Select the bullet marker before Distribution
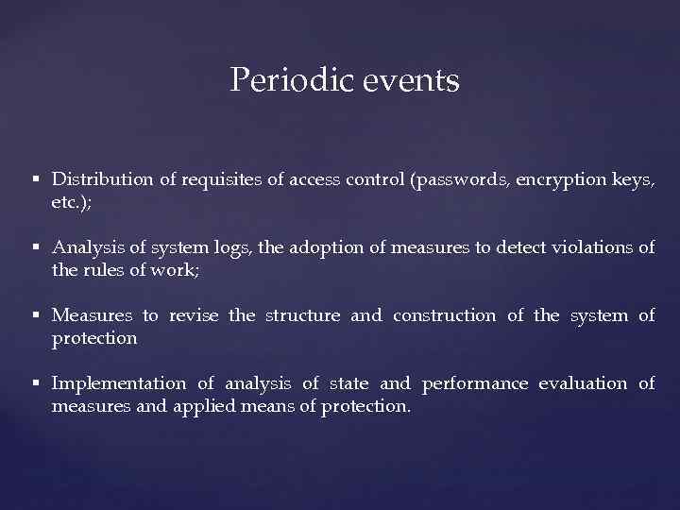tap(35, 179)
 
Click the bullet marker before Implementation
tap(35, 383)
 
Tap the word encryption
tap(552, 179)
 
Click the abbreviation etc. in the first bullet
tap(69, 202)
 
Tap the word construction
tap(444, 315)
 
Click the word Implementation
tap(119, 383)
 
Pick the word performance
tap(474, 383)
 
